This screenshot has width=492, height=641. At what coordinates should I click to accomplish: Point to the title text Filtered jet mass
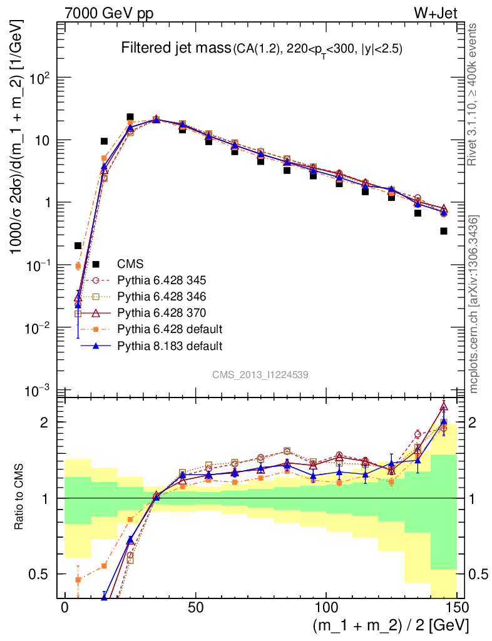[175, 48]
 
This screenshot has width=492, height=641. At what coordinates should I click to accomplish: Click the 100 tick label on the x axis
[326, 608]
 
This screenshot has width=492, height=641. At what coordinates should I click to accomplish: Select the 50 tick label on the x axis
[195, 608]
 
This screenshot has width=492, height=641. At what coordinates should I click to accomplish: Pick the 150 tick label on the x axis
[457, 608]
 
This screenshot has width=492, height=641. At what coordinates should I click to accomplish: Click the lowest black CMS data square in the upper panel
[78, 245]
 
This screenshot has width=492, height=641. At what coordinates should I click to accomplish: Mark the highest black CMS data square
[130, 117]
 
